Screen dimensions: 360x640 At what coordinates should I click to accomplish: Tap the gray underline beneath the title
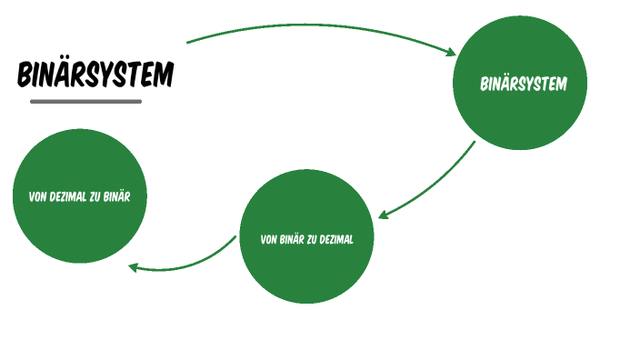coord(86,101)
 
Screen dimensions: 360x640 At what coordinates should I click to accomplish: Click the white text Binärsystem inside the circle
coord(523,85)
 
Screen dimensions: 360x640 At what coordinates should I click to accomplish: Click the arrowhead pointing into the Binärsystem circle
coord(449,52)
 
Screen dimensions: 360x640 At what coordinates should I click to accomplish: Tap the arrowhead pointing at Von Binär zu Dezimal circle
coord(385,215)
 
